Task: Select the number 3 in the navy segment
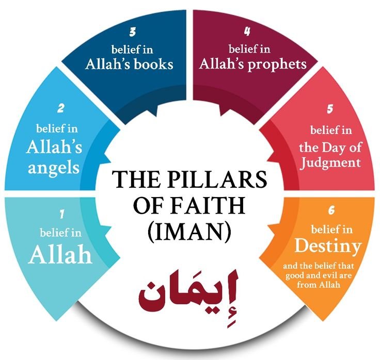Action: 133,32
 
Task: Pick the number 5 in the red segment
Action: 329,109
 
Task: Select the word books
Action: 154,65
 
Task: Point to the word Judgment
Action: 329,163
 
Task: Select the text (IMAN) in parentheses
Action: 191,231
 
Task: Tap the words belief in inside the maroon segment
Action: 250,50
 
